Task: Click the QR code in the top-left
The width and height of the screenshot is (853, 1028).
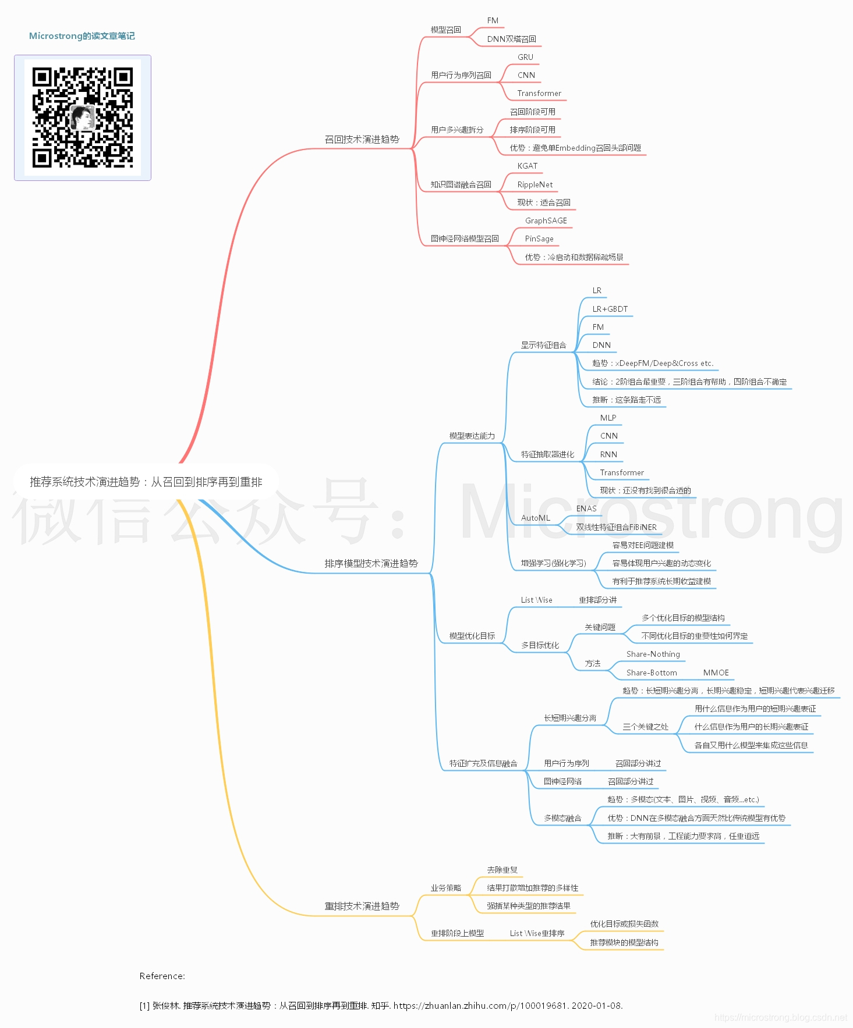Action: pyautogui.click(x=82, y=118)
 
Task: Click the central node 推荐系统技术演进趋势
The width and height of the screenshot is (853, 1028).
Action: pyautogui.click(x=146, y=482)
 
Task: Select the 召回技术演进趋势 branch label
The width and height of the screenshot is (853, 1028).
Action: pyautogui.click(x=362, y=140)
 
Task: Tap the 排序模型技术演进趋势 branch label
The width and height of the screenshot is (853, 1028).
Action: pyautogui.click(x=371, y=563)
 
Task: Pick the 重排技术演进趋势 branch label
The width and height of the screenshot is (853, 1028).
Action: pyautogui.click(x=362, y=906)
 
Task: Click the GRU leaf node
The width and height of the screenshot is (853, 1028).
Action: pyautogui.click(x=525, y=57)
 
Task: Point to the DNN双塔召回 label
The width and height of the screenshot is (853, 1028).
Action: pyautogui.click(x=511, y=39)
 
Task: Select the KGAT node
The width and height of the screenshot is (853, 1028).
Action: pyautogui.click(x=527, y=166)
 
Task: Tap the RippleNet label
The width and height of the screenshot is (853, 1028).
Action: pyautogui.click(x=535, y=184)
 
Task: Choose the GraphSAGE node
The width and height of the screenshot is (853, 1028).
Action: pyautogui.click(x=546, y=220)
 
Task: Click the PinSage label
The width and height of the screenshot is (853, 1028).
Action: pyautogui.click(x=539, y=239)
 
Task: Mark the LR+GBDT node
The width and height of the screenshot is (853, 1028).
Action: pyautogui.click(x=610, y=309)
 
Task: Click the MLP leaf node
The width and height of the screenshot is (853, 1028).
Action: pyautogui.click(x=608, y=418)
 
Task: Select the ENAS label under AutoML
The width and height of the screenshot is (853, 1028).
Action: pyautogui.click(x=586, y=508)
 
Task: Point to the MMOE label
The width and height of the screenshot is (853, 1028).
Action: pyautogui.click(x=716, y=673)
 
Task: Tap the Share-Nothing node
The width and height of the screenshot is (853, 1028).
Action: pyautogui.click(x=653, y=654)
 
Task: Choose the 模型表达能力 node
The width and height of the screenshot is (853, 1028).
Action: pyautogui.click(x=472, y=436)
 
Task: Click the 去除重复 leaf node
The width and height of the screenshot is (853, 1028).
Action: pyautogui.click(x=502, y=870)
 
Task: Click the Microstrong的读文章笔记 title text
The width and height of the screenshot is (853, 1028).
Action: pyautogui.click(x=82, y=36)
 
